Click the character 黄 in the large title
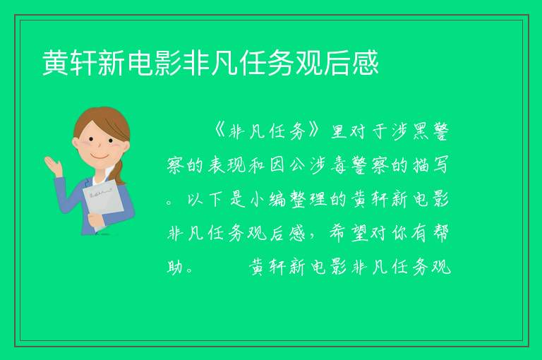coord(56,63)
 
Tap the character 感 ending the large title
coord(366,63)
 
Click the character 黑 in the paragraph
coord(420,131)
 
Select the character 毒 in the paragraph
coord(339,165)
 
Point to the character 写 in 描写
coord(440,165)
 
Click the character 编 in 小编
coord(277,199)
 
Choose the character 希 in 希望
coord(337,233)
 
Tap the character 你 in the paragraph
coord(399,233)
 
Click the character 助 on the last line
coord(175,267)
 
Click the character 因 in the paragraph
coord(277,165)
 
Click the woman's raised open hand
coord(53,165)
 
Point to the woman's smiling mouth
coord(100,157)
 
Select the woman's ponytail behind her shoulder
coord(119,172)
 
